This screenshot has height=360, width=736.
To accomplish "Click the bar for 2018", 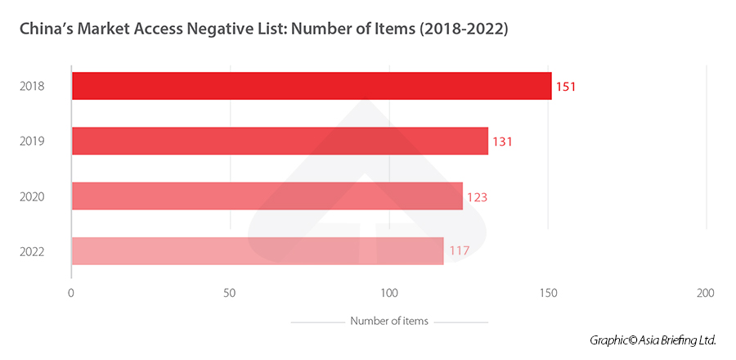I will click(x=312, y=86).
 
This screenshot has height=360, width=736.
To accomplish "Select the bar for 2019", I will click(x=280, y=142).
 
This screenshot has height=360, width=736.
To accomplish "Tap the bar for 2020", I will click(x=267, y=196).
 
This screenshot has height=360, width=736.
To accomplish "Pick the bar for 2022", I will click(x=258, y=251).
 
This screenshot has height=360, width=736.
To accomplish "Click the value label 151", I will click(x=566, y=86).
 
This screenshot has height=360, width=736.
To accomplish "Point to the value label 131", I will click(x=502, y=142).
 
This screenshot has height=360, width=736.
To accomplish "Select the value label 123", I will click(x=477, y=197).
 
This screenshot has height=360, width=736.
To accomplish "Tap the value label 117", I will click(x=459, y=251).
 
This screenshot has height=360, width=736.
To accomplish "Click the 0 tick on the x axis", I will click(x=72, y=293).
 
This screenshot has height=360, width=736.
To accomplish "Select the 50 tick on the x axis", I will click(x=230, y=293).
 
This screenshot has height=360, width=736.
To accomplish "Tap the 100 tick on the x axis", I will click(x=389, y=293).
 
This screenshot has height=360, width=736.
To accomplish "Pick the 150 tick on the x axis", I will click(x=548, y=293).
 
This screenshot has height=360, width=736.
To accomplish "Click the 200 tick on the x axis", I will click(x=705, y=293).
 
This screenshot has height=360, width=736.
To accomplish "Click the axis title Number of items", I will click(x=388, y=321).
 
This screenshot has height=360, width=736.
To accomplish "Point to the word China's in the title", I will click(x=52, y=29).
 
